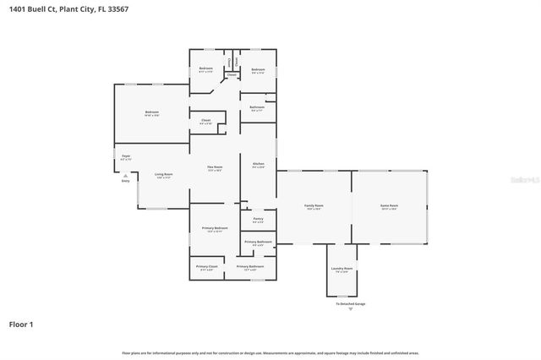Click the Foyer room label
point(125,156)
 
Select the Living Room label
point(163,175)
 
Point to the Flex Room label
point(215,168)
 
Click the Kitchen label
point(258,164)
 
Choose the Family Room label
point(314,206)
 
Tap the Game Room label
point(389,206)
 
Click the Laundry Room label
point(342,269)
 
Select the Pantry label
point(258,219)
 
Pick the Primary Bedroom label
point(215,229)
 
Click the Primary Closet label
point(207,267)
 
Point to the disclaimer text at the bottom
point(270,352)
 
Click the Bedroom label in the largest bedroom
point(151,112)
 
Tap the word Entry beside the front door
point(125,181)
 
